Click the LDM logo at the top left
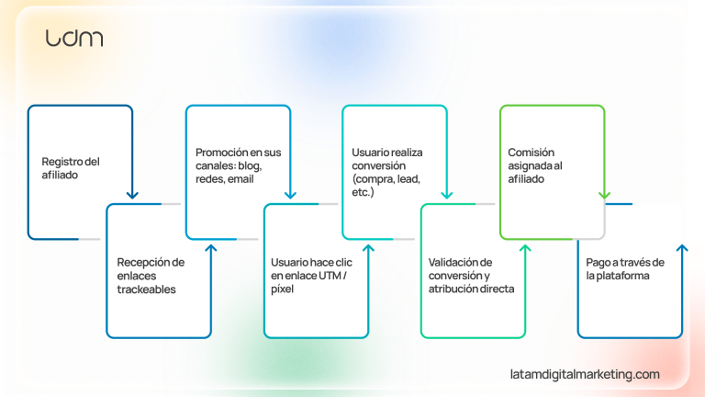click(74, 38)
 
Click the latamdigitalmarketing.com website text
click(585, 374)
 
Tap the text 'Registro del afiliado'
click(71, 167)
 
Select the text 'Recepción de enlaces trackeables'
click(151, 275)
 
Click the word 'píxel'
click(282, 289)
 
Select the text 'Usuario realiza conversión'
click(386, 158)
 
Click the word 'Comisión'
click(532, 152)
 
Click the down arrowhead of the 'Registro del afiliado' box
click(133, 194)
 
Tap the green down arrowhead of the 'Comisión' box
click(604, 194)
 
